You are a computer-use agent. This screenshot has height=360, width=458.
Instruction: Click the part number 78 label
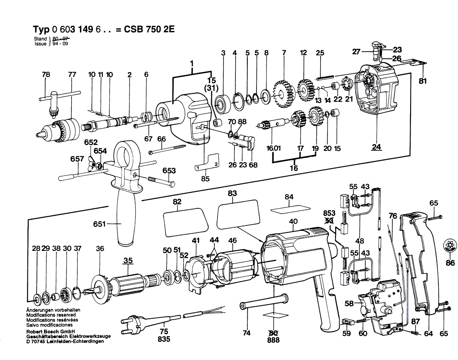[x=46, y=75]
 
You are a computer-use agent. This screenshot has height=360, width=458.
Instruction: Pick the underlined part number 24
[x=377, y=147]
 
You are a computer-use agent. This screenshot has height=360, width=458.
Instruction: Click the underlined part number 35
[x=128, y=261]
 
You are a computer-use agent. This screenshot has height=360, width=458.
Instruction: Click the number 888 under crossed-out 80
[x=274, y=340]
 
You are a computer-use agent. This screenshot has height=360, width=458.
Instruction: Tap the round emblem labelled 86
[x=450, y=245]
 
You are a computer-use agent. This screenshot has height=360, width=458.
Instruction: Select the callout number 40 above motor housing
[x=294, y=222]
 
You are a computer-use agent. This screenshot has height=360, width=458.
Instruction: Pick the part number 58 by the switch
[x=348, y=303]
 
